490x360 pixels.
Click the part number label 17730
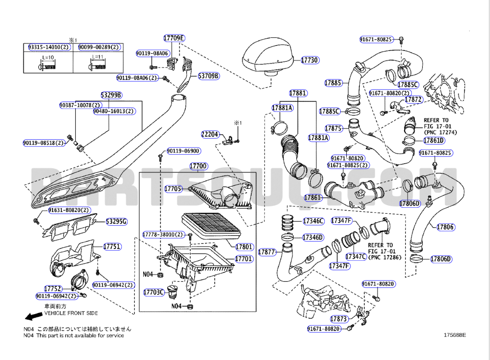click(310, 60)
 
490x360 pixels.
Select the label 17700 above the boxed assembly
click(198, 166)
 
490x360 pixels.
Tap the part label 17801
click(244, 247)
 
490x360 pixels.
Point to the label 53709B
click(209, 76)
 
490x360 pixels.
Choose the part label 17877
click(267, 252)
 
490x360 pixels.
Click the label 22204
click(210, 135)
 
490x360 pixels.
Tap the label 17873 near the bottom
click(338, 319)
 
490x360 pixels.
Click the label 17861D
click(434, 140)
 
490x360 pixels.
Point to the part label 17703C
click(153, 292)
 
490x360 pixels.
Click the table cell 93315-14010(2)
click(48, 47)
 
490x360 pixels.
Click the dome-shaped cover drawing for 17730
click(269, 55)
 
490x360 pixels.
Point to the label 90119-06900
click(183, 151)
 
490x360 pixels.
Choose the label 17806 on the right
click(445, 227)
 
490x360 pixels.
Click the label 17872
click(414, 100)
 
